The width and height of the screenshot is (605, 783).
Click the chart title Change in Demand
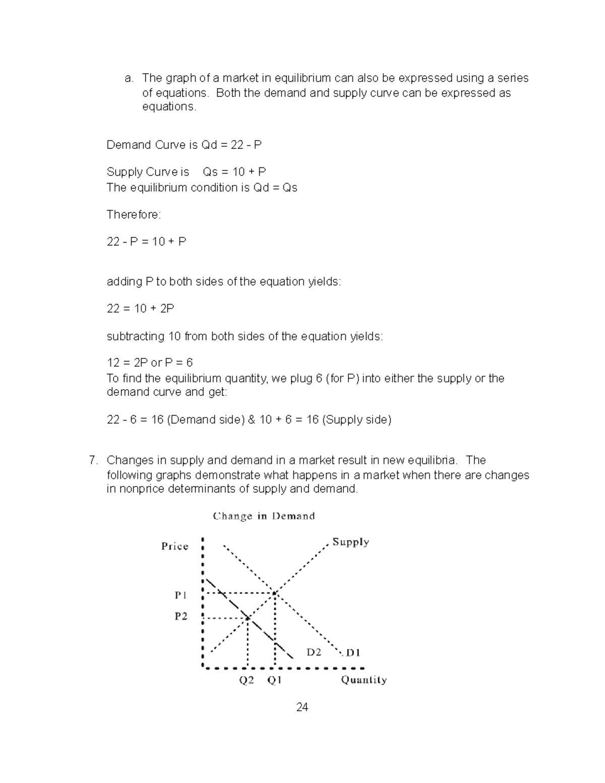point(264,516)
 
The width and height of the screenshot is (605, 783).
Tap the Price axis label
point(174,546)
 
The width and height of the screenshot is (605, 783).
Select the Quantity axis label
point(364,680)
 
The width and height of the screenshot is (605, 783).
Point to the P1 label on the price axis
point(180,595)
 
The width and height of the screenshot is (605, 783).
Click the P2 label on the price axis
point(180,616)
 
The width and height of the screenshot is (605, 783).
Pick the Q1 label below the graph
point(274,680)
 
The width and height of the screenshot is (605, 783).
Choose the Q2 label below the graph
point(247,680)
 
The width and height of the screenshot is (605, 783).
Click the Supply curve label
point(350,542)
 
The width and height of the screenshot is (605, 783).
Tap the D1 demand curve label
point(353,652)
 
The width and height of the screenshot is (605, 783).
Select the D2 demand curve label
point(314,652)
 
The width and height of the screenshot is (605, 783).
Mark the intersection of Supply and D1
point(275,593)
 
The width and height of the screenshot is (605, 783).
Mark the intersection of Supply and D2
point(248,618)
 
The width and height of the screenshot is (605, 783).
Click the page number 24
point(302,707)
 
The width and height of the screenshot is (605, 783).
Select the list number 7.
point(92,460)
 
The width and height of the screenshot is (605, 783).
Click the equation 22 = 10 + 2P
point(140,309)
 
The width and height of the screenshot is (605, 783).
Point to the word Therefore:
point(134,215)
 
